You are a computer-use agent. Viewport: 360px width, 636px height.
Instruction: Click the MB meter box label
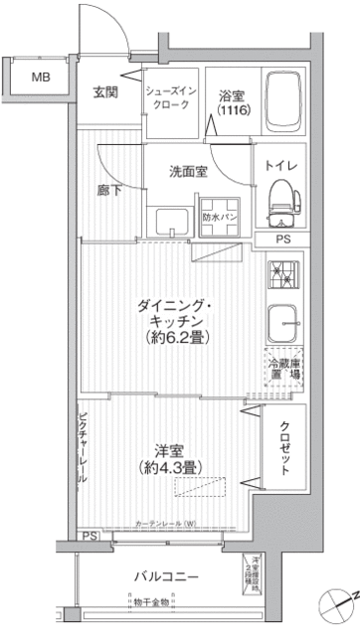(42, 78)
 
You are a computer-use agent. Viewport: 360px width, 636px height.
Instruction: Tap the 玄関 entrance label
(107, 93)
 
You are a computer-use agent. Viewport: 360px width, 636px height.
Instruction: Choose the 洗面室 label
(189, 171)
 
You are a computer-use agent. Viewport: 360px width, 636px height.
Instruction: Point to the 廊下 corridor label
(109, 191)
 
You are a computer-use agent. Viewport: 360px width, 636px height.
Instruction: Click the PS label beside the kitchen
(284, 239)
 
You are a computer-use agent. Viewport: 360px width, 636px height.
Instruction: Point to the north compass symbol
(338, 602)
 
